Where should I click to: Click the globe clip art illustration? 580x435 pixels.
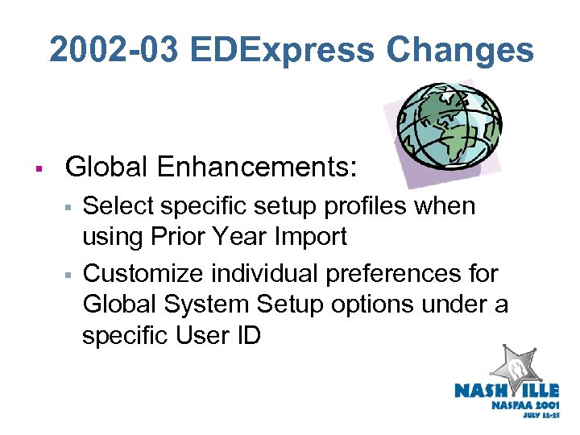[449, 126]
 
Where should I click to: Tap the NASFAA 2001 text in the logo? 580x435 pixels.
[524, 405]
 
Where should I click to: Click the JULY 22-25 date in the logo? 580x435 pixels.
[541, 419]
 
